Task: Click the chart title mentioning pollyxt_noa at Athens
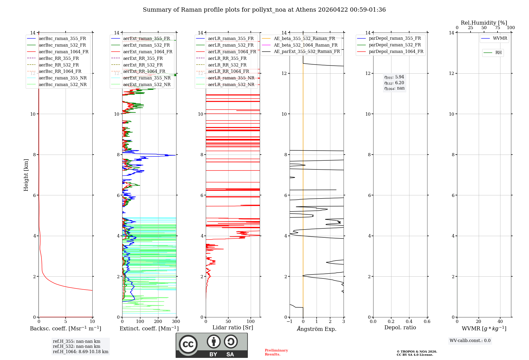click(x=264, y=10)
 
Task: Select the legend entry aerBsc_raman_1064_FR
click(x=63, y=52)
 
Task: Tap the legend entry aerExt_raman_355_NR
click(x=147, y=78)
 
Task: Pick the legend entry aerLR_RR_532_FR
click(x=227, y=65)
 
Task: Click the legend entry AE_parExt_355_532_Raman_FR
click(x=307, y=51)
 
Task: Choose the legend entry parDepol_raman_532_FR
click(x=395, y=45)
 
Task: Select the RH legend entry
click(x=498, y=53)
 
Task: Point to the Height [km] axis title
click(x=26, y=175)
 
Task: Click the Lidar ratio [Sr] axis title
click(x=233, y=327)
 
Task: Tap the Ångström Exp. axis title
click(x=317, y=329)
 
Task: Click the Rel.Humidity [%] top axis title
click(x=484, y=23)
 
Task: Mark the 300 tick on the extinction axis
click(x=176, y=322)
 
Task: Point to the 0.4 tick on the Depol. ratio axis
click(x=409, y=322)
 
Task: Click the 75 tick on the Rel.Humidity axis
click(x=498, y=28)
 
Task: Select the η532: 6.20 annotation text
click(x=394, y=83)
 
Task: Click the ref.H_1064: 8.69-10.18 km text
click(x=80, y=352)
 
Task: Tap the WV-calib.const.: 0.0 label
click(x=470, y=341)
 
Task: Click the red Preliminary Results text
click(x=276, y=352)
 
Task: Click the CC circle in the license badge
click(x=188, y=344)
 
